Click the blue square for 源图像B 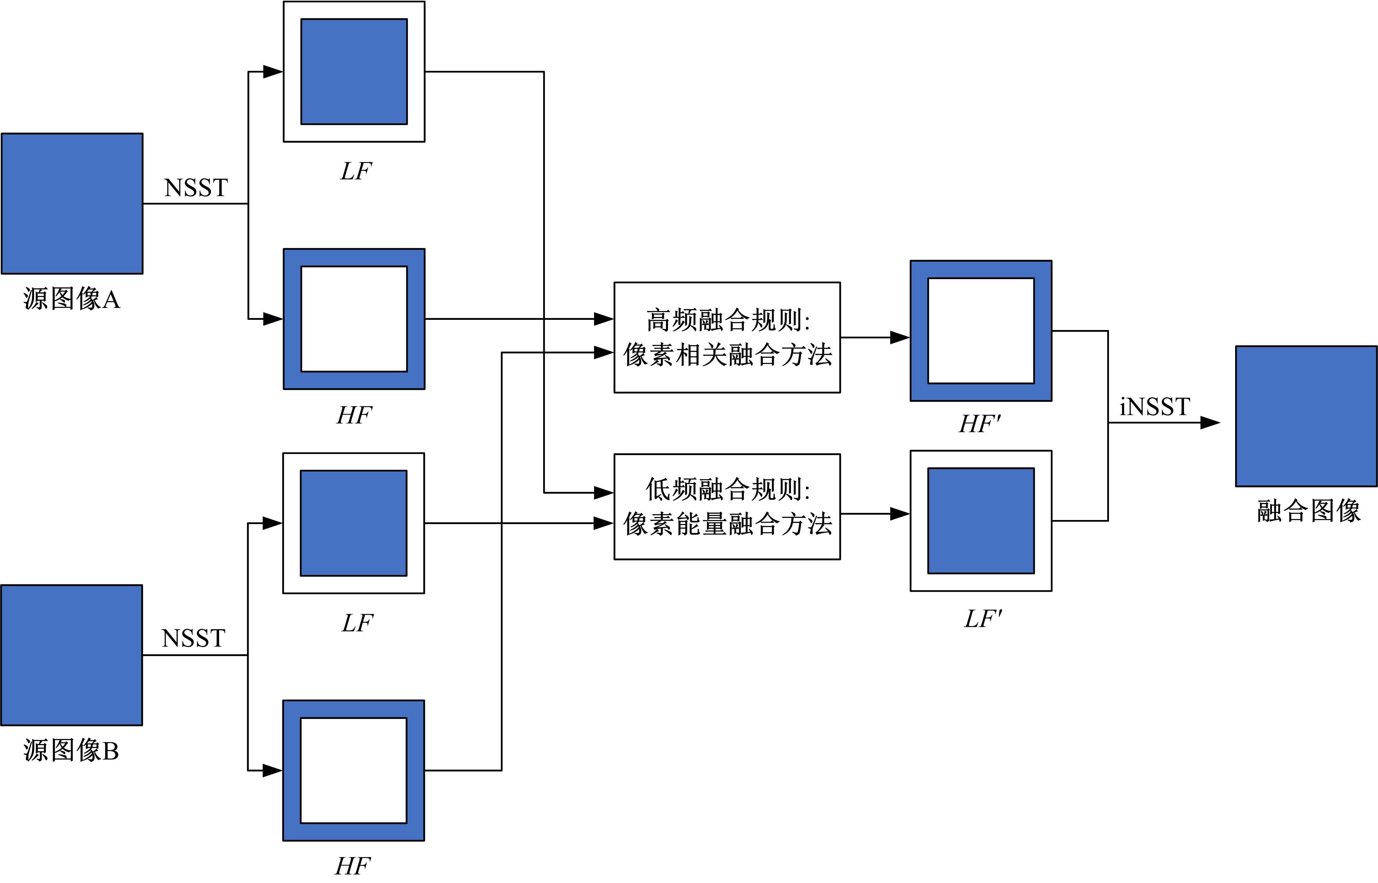click(x=72, y=655)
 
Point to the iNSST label click(x=1154, y=407)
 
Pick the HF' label click(x=980, y=424)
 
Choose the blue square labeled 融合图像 click(x=1306, y=416)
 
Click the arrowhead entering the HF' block click(x=899, y=338)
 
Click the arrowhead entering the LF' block click(x=899, y=514)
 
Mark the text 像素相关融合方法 click(x=727, y=355)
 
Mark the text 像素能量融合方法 click(x=727, y=524)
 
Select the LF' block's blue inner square click(x=981, y=521)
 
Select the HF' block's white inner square click(x=981, y=331)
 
